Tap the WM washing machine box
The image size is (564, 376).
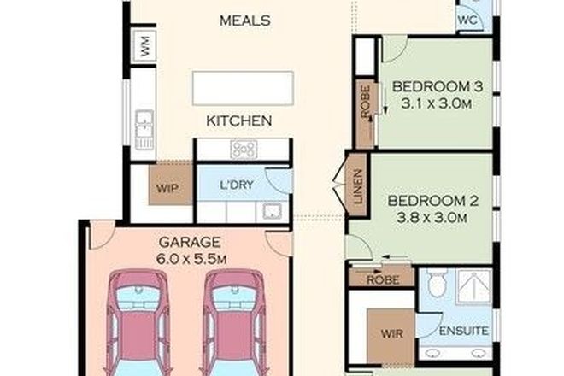point(144,47)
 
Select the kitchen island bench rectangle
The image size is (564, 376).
point(244,86)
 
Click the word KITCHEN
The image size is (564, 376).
point(238,120)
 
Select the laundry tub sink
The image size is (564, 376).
point(273,212)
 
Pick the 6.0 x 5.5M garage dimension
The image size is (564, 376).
point(190,256)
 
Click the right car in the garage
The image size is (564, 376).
point(233,320)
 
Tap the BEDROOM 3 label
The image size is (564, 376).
point(432,86)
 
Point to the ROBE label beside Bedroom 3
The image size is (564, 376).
point(365,102)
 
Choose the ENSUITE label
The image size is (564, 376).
point(464,330)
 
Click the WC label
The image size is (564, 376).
point(468,17)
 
